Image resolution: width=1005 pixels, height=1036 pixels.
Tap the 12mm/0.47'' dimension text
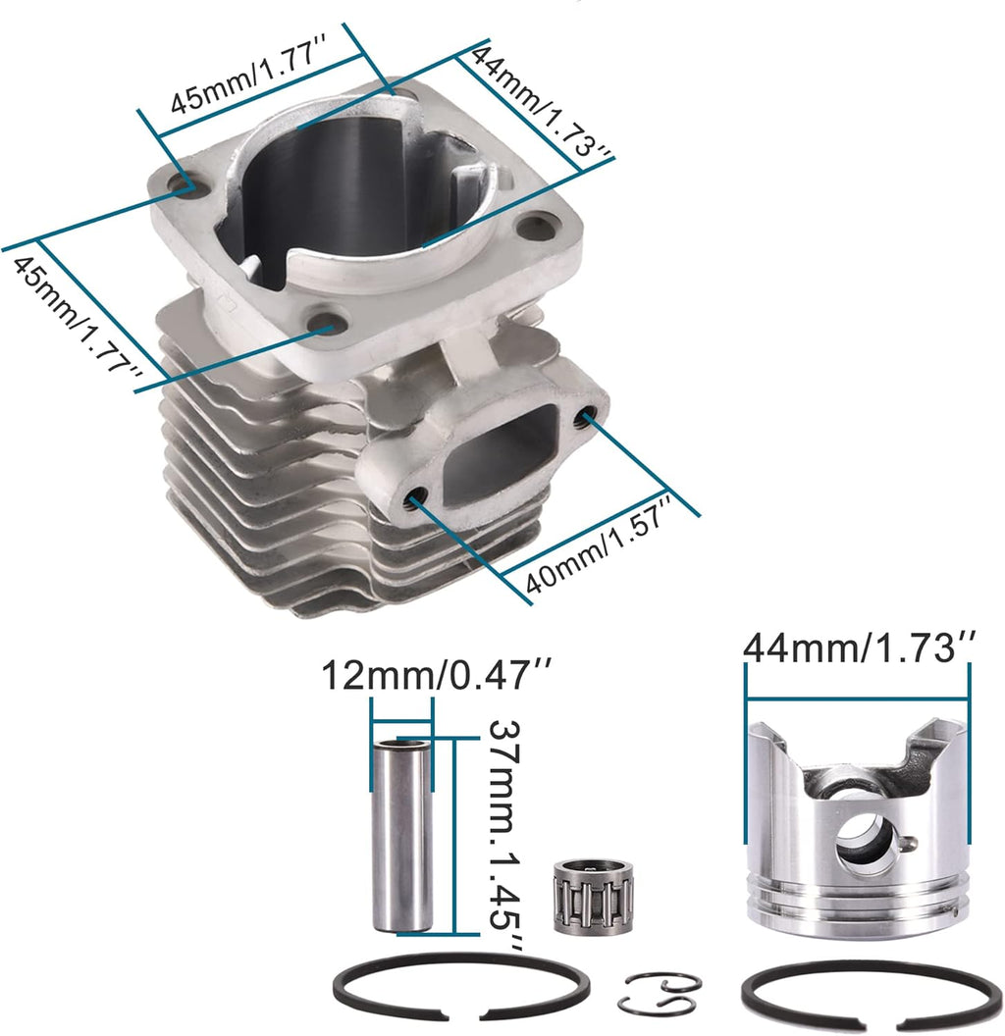point(437,676)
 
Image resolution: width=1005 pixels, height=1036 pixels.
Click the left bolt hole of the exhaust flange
point(416,499)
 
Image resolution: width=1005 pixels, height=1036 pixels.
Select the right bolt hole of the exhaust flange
point(588,418)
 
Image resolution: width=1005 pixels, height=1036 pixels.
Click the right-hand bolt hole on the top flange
point(536,228)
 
